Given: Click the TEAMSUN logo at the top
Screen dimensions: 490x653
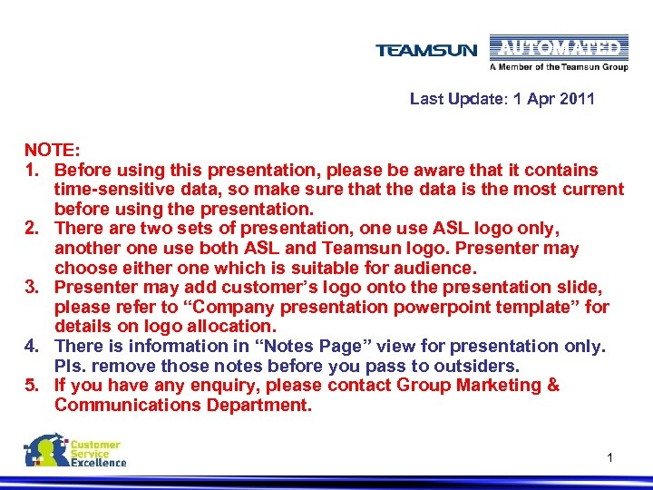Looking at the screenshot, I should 425,50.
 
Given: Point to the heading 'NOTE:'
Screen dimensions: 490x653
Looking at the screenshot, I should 53,150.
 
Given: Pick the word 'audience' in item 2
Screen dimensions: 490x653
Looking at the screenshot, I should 437,268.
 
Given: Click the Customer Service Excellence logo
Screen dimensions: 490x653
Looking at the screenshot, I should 76,451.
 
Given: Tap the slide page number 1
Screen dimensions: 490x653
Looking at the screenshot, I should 610,457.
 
